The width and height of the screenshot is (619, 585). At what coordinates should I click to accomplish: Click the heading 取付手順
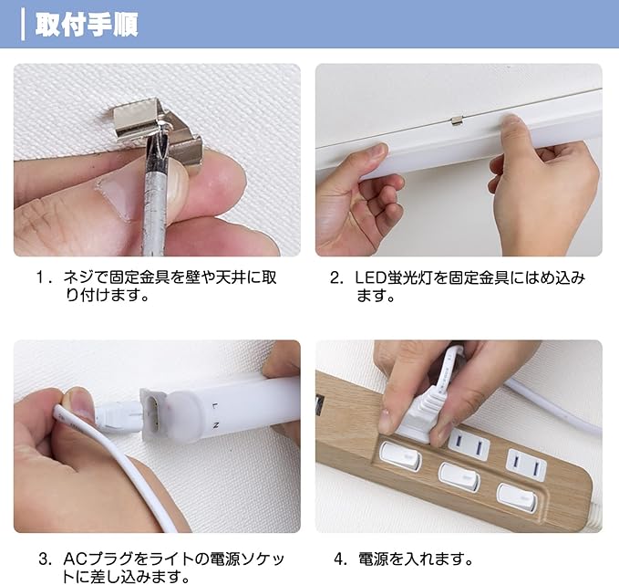tap(87, 25)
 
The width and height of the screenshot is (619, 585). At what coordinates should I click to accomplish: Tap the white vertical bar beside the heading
tap(23, 25)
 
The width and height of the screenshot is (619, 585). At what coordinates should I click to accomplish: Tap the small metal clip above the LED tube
tap(457, 120)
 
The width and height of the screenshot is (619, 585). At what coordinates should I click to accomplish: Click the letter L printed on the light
tap(214, 406)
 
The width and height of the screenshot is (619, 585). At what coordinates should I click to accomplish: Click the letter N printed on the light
tap(215, 425)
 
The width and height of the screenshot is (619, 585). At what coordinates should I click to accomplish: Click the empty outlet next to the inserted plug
tap(469, 446)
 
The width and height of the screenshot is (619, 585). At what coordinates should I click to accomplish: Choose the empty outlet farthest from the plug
tap(527, 465)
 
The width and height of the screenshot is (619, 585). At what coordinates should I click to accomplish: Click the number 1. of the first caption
tap(44, 277)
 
